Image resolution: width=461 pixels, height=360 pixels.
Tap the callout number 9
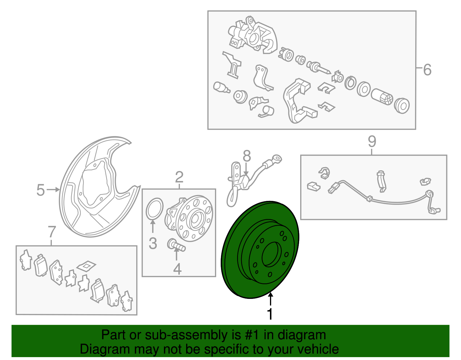point(372,142)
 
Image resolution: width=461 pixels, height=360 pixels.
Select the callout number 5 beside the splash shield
point(41,190)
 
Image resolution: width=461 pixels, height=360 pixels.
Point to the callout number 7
point(52,232)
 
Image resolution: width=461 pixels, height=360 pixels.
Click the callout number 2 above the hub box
point(179,177)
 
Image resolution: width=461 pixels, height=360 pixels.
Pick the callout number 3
point(153,243)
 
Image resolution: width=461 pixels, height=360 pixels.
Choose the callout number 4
point(177,269)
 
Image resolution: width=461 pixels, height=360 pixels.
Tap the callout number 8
point(247,156)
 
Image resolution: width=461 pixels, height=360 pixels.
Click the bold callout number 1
point(270,314)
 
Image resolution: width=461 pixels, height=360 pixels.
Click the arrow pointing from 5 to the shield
point(53,189)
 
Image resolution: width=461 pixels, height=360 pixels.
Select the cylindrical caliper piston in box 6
point(382,97)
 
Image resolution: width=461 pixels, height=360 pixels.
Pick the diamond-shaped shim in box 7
point(86,266)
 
